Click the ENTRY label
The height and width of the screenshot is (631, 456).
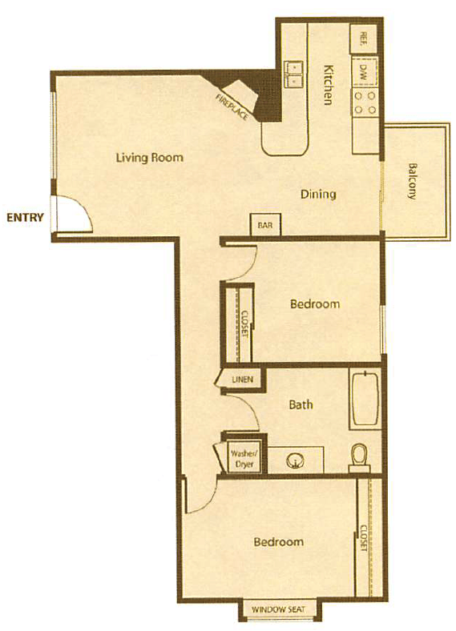pos(24,217)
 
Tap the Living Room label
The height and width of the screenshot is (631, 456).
pos(149,157)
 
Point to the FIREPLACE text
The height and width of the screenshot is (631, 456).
pos(232,107)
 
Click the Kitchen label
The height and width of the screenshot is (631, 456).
pos(328,85)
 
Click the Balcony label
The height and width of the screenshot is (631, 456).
pos(413,182)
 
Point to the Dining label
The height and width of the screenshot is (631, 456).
pos(318,194)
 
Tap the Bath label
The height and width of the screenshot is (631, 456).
pos(301,404)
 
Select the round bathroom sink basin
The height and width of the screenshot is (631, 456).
pos(295,460)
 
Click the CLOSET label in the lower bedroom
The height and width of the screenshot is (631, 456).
pos(362,537)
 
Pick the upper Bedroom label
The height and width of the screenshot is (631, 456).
pos(314,304)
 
